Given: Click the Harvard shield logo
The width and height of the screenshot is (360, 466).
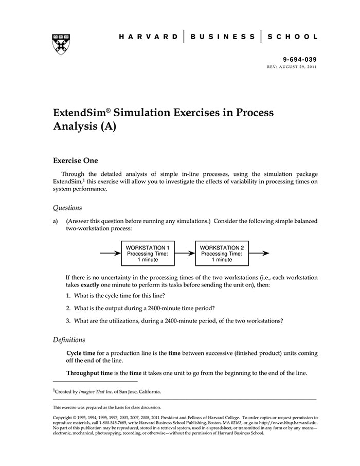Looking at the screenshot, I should point(61,44).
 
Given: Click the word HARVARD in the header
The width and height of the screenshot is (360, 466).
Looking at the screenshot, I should point(149,37).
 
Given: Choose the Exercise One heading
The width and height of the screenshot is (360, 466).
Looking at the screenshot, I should point(76,161).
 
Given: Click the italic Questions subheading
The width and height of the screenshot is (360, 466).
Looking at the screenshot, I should point(67,208).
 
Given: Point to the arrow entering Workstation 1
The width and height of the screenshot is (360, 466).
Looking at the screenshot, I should point(110,254).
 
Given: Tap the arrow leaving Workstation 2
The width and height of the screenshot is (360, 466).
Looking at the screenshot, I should point(262,254).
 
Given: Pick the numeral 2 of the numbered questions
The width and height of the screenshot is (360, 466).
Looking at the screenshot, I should point(68,308).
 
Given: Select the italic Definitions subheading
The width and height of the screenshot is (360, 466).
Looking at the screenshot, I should point(69,340).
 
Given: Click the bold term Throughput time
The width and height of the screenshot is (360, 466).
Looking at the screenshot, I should point(86,373).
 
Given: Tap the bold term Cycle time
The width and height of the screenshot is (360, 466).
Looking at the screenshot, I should point(81,353).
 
